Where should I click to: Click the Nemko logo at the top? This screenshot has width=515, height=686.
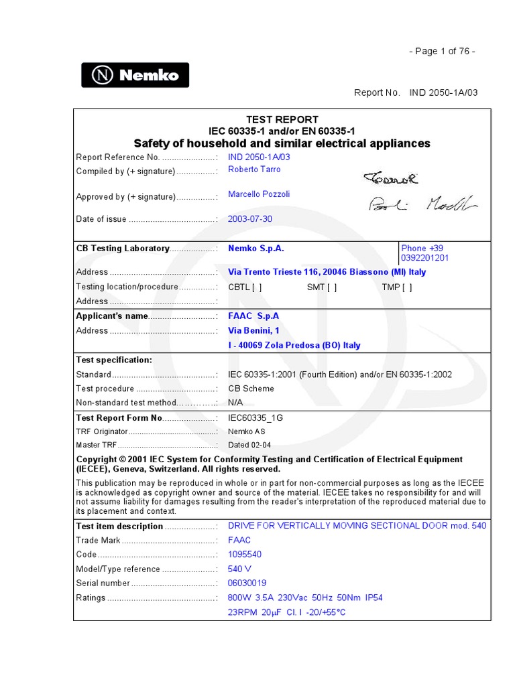pos(135,75)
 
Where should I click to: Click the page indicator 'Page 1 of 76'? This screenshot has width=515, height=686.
pos(442,52)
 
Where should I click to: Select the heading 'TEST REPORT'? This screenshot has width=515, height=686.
pos(282,119)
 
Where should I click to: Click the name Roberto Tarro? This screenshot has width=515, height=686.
pos(254,169)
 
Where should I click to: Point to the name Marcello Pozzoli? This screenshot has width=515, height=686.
pos(259,194)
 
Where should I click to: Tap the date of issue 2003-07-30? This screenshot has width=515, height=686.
pos(250,219)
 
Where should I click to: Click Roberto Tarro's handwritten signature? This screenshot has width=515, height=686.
pos(391,178)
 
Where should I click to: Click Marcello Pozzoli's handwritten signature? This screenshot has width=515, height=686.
pos(422,204)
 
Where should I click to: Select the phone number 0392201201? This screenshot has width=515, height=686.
pos(424,258)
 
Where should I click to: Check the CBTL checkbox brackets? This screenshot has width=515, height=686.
pos(257,287)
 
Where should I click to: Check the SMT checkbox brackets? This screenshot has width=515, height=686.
pos(332,287)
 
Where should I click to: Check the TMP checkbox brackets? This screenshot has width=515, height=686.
pos(408,287)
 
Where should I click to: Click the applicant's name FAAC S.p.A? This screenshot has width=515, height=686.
pos(253,316)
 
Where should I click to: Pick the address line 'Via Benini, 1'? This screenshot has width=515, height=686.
pos(253,330)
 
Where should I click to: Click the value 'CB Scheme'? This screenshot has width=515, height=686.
pos(251,389)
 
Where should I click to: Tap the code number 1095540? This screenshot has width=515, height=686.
pos(245,555)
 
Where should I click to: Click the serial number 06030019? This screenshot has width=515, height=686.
pos(247,583)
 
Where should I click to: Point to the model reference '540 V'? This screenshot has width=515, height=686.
pos(239,569)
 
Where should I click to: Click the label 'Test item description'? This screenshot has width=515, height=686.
pos(119,527)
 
